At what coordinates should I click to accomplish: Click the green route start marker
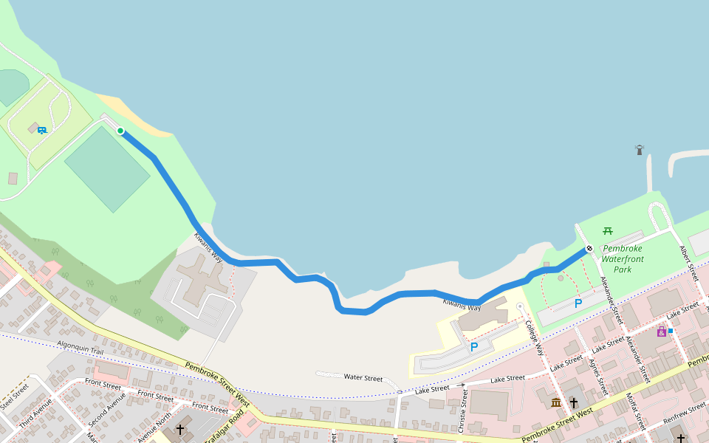(x=120, y=131)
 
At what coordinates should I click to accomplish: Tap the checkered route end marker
(x=589, y=249)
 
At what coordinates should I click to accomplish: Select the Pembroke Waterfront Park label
(x=622, y=259)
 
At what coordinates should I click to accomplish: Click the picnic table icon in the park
(x=608, y=231)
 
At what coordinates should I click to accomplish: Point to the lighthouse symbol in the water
(x=640, y=150)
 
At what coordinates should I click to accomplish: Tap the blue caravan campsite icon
(x=42, y=130)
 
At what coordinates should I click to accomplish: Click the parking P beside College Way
(x=473, y=346)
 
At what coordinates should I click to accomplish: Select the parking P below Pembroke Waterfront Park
(x=578, y=303)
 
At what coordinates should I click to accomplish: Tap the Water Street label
(x=363, y=377)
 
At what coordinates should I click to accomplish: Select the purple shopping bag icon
(x=661, y=332)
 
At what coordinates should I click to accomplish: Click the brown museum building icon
(x=555, y=402)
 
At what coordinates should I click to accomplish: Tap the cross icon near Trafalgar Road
(x=179, y=429)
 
